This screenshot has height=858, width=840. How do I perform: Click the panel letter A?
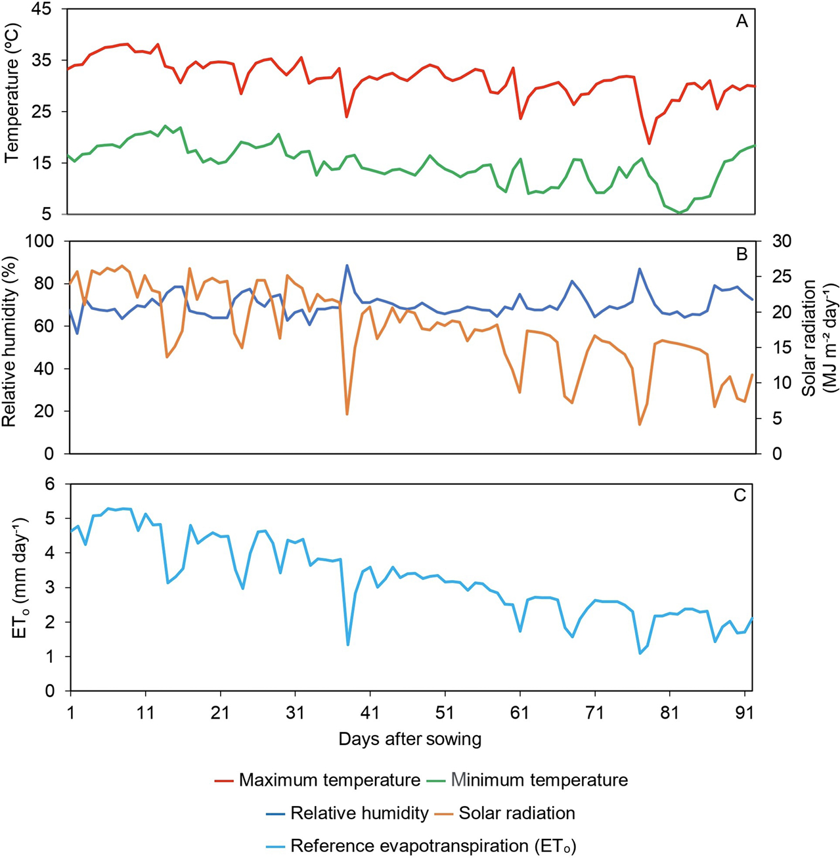[x=741, y=22]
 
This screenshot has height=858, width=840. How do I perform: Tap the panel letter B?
[x=741, y=254]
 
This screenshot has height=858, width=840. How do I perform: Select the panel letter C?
[x=740, y=495]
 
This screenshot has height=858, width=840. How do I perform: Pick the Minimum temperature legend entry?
[x=539, y=780]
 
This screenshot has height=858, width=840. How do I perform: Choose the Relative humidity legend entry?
[x=359, y=813]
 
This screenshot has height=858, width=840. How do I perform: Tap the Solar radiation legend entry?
[x=516, y=813]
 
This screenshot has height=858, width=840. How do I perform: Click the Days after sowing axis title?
[x=410, y=739]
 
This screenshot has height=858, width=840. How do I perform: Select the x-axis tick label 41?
[x=370, y=712]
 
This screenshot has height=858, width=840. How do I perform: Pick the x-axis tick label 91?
[x=745, y=712]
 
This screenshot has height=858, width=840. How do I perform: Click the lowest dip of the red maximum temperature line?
[x=649, y=143]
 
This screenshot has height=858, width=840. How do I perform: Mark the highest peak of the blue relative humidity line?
[x=347, y=265]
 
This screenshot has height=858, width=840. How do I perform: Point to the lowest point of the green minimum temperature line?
[x=679, y=213]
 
